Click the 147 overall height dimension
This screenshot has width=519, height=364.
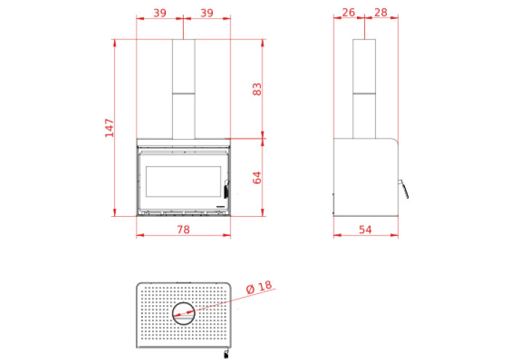[x=109, y=128]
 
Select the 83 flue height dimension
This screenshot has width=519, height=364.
[x=257, y=89]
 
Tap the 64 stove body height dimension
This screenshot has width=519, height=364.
[x=257, y=178]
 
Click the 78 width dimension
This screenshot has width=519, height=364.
[x=183, y=229]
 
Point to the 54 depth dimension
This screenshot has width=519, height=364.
[x=366, y=229]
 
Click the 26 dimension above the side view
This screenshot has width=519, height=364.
[x=348, y=12]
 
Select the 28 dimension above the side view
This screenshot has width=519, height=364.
[x=381, y=12]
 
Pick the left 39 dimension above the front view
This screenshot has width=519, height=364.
[x=160, y=13]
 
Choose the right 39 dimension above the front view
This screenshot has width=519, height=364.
[x=207, y=13]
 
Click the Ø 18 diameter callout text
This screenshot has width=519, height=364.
[x=259, y=287]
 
